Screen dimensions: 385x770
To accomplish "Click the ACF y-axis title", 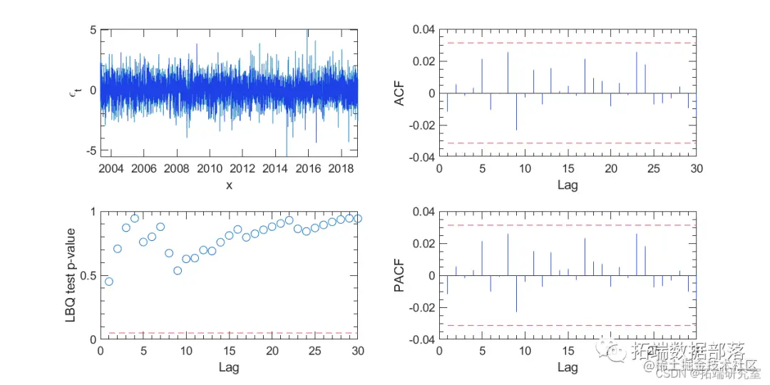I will (400, 93).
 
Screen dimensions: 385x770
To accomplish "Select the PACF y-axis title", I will (400, 275).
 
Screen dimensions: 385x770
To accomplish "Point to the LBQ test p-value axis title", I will (71, 275).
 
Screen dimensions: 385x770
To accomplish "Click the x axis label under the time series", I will (229, 185).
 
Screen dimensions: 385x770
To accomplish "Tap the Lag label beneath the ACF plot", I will (568, 185).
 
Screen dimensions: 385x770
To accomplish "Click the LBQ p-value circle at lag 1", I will (109, 282).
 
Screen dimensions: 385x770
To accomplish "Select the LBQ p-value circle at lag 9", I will (178, 270).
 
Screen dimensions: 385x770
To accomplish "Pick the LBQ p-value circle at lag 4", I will (135, 218).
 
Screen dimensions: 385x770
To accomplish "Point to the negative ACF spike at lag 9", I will (517, 111).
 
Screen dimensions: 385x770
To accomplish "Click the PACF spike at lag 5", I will (482, 258).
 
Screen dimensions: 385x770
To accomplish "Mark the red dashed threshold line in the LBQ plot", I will (229, 333).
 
